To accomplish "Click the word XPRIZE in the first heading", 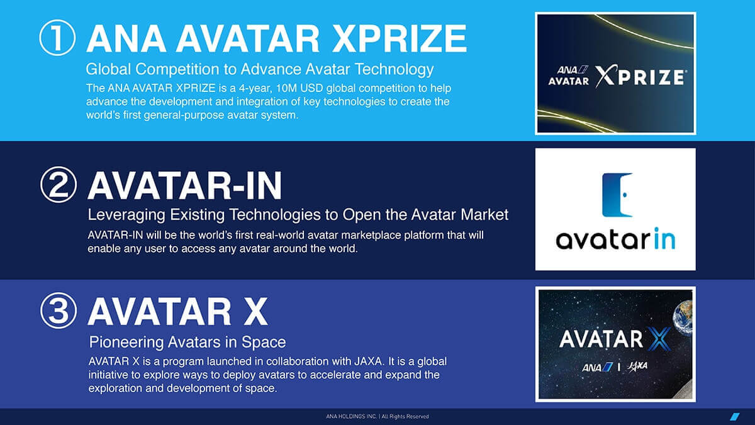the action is (400, 38).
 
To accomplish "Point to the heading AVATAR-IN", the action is (185, 186).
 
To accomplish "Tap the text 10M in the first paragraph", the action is (286, 88).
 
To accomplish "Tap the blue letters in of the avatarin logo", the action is (664, 238).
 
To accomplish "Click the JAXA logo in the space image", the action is (637, 366).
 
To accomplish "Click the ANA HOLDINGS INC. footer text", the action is (351, 417).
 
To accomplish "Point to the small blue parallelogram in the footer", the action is (735, 417).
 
